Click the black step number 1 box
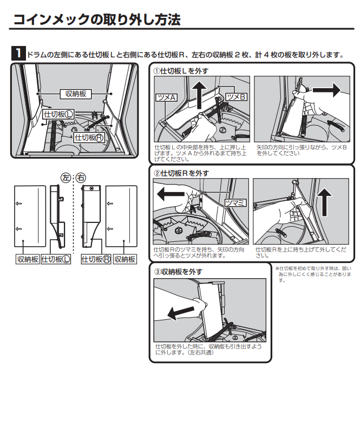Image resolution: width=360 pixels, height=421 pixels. point(18,53)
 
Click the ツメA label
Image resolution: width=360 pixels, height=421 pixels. point(167,97)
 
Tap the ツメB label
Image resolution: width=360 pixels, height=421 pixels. point(236,97)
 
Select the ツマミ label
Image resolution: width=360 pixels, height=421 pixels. point(235,203)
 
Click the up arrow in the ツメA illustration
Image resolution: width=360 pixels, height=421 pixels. point(199,95)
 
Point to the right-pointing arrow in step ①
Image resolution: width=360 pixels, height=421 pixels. point(327,90)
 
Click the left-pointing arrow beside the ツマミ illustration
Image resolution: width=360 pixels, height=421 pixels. point(171,194)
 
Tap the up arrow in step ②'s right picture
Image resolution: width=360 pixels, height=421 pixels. point(324,202)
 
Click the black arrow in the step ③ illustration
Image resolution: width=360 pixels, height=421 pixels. point(180,313)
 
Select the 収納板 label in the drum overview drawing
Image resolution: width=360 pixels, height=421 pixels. point(75,94)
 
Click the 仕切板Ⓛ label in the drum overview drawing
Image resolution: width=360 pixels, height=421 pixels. point(58,114)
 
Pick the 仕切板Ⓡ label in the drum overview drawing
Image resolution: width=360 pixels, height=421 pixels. point(89,137)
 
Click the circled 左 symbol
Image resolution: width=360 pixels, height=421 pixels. point(66,177)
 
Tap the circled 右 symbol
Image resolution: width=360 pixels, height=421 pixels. point(81,177)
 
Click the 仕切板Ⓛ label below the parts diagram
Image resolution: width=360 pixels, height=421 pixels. point(56,259)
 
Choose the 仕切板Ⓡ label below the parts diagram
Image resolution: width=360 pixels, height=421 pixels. point(96,259)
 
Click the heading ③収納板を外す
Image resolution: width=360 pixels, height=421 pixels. point(178,272)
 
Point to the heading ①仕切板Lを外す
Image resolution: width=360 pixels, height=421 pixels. point(181,71)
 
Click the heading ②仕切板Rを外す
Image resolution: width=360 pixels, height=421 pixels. point(181,173)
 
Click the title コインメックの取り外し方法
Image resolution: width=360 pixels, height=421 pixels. point(97,19)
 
